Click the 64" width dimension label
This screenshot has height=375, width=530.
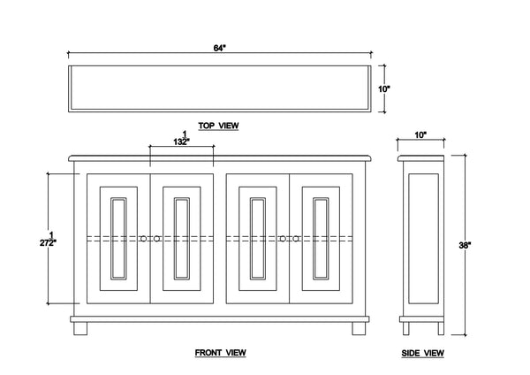[219, 48]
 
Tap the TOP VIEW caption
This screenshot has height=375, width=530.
[218, 126]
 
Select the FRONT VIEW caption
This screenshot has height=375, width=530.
[220, 353]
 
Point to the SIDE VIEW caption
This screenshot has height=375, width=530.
[422, 353]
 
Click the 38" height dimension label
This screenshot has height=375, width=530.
[465, 245]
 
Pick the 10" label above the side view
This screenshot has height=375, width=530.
[420, 135]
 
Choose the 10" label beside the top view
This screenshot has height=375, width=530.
[384, 89]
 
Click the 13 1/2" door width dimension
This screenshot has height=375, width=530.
[181, 138]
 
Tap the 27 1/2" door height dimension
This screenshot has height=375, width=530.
[48, 239]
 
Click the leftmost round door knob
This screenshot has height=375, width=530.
[143, 239]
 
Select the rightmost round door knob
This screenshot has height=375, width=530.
[296, 239]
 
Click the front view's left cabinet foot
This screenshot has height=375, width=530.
[80, 328]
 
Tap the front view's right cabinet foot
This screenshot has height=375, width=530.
[359, 328]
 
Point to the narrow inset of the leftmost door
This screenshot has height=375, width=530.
[118, 239]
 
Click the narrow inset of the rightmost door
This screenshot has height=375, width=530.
[321, 239]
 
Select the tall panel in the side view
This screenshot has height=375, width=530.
[423, 239]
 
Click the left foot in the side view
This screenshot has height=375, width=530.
[406, 328]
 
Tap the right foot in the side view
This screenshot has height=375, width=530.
[441, 328]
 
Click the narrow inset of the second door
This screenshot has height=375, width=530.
[182, 239]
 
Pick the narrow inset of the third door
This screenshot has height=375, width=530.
[258, 239]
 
